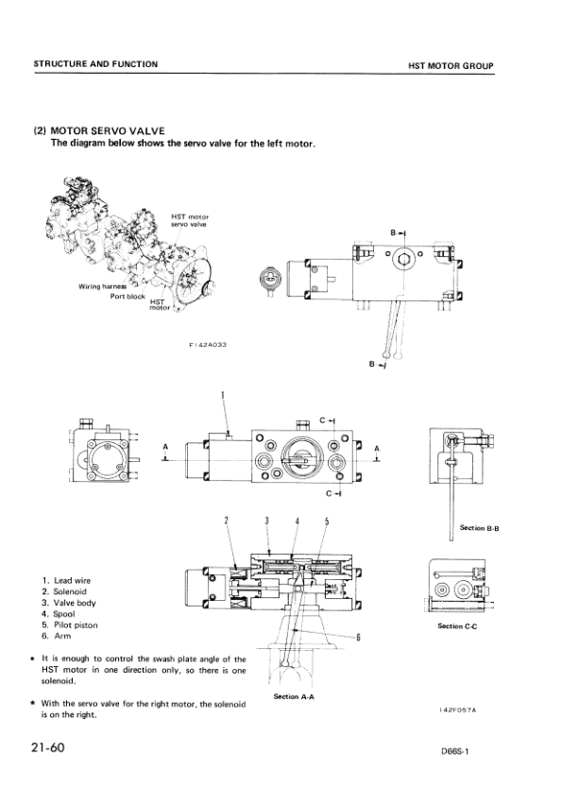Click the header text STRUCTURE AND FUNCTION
pos(95,64)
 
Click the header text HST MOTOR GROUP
pos(451,66)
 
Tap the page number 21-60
pos(46,747)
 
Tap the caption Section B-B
pos(478,527)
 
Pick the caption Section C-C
pos(463,625)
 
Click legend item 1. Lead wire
pos(66,580)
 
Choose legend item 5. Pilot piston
pos(70,625)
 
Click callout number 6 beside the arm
pos(358,637)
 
